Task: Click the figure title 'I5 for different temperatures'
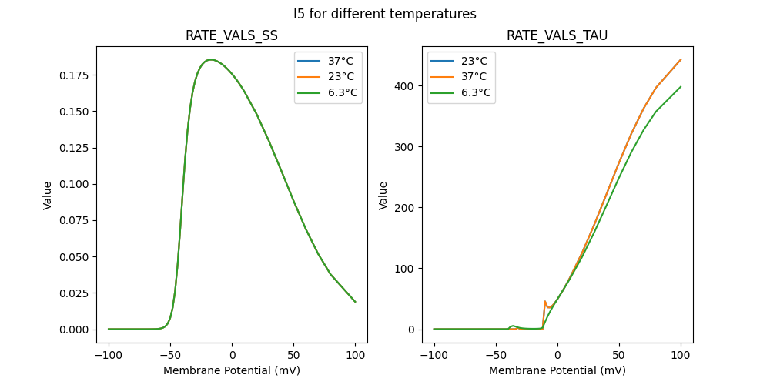(385, 14)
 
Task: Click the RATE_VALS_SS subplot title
(232, 36)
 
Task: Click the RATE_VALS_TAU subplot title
(557, 36)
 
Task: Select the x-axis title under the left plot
(232, 370)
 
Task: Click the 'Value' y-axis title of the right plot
(383, 195)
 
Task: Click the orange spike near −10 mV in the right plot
(545, 302)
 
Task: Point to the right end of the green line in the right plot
(681, 86)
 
